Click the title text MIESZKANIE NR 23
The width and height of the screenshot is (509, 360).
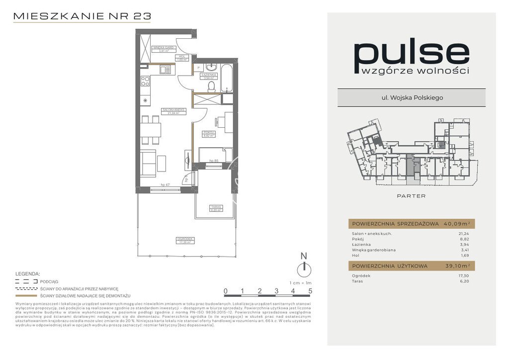coord(82,16)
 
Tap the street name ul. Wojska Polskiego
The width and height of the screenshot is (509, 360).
coord(412,97)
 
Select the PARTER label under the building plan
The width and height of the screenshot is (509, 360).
coord(411,196)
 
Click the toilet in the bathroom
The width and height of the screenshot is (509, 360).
coord(211,87)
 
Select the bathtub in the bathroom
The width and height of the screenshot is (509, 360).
coord(227,78)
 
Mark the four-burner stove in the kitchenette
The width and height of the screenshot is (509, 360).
coord(146,81)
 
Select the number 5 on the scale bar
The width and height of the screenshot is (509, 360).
coord(310,291)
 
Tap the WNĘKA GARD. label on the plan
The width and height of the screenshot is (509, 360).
coord(162,48)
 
